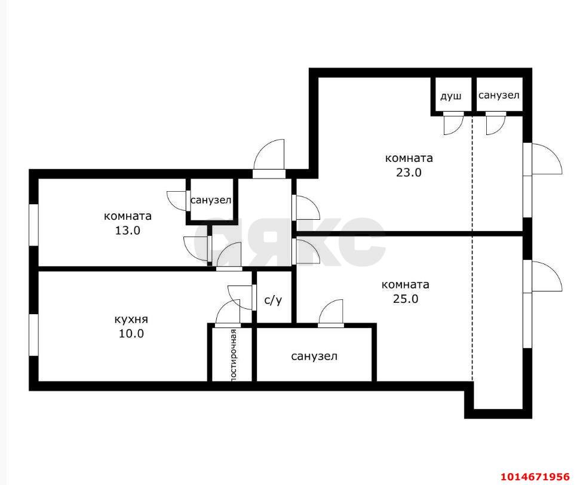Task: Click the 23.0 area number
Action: [x=409, y=173]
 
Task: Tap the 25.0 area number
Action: [x=406, y=299]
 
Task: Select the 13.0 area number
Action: [x=128, y=231]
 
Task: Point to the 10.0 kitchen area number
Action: [x=131, y=334]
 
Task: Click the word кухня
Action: [x=131, y=320]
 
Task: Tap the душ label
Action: [x=451, y=96]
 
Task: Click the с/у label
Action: [x=273, y=300]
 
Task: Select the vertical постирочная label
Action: [x=234, y=354]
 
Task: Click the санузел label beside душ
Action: [x=499, y=95]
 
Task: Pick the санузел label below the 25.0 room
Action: [x=314, y=356]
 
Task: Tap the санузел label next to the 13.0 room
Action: [x=211, y=200]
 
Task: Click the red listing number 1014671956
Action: [x=535, y=476]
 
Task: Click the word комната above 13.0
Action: [x=128, y=216]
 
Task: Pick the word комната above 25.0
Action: [x=406, y=284]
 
